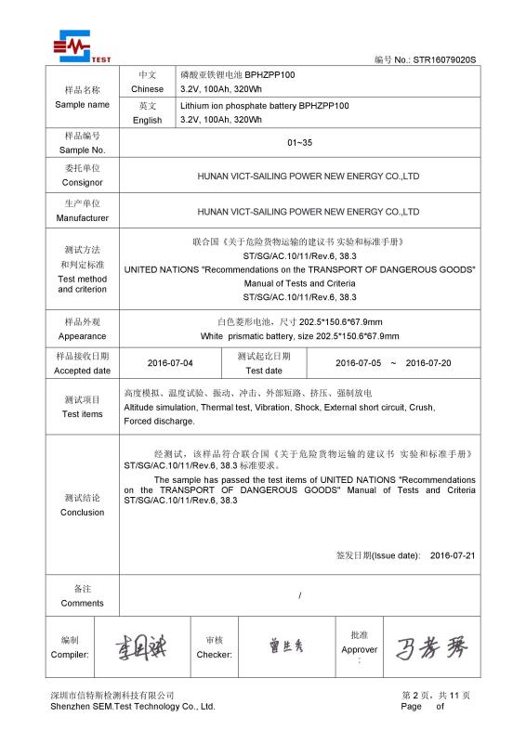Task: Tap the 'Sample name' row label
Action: pyautogui.click(x=82, y=104)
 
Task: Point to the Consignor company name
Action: pyautogui.click(x=309, y=176)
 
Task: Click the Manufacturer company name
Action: pyautogui.click(x=309, y=212)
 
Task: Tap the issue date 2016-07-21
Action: pyautogui.click(x=453, y=555)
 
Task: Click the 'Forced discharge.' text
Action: pyautogui.click(x=159, y=421)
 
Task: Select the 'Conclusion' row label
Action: pyautogui.click(x=82, y=512)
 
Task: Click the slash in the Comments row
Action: pyautogui.click(x=299, y=594)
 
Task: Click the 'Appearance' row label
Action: pyautogui.click(x=82, y=336)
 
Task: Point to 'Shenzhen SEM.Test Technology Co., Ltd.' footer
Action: pyautogui.click(x=133, y=707)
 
